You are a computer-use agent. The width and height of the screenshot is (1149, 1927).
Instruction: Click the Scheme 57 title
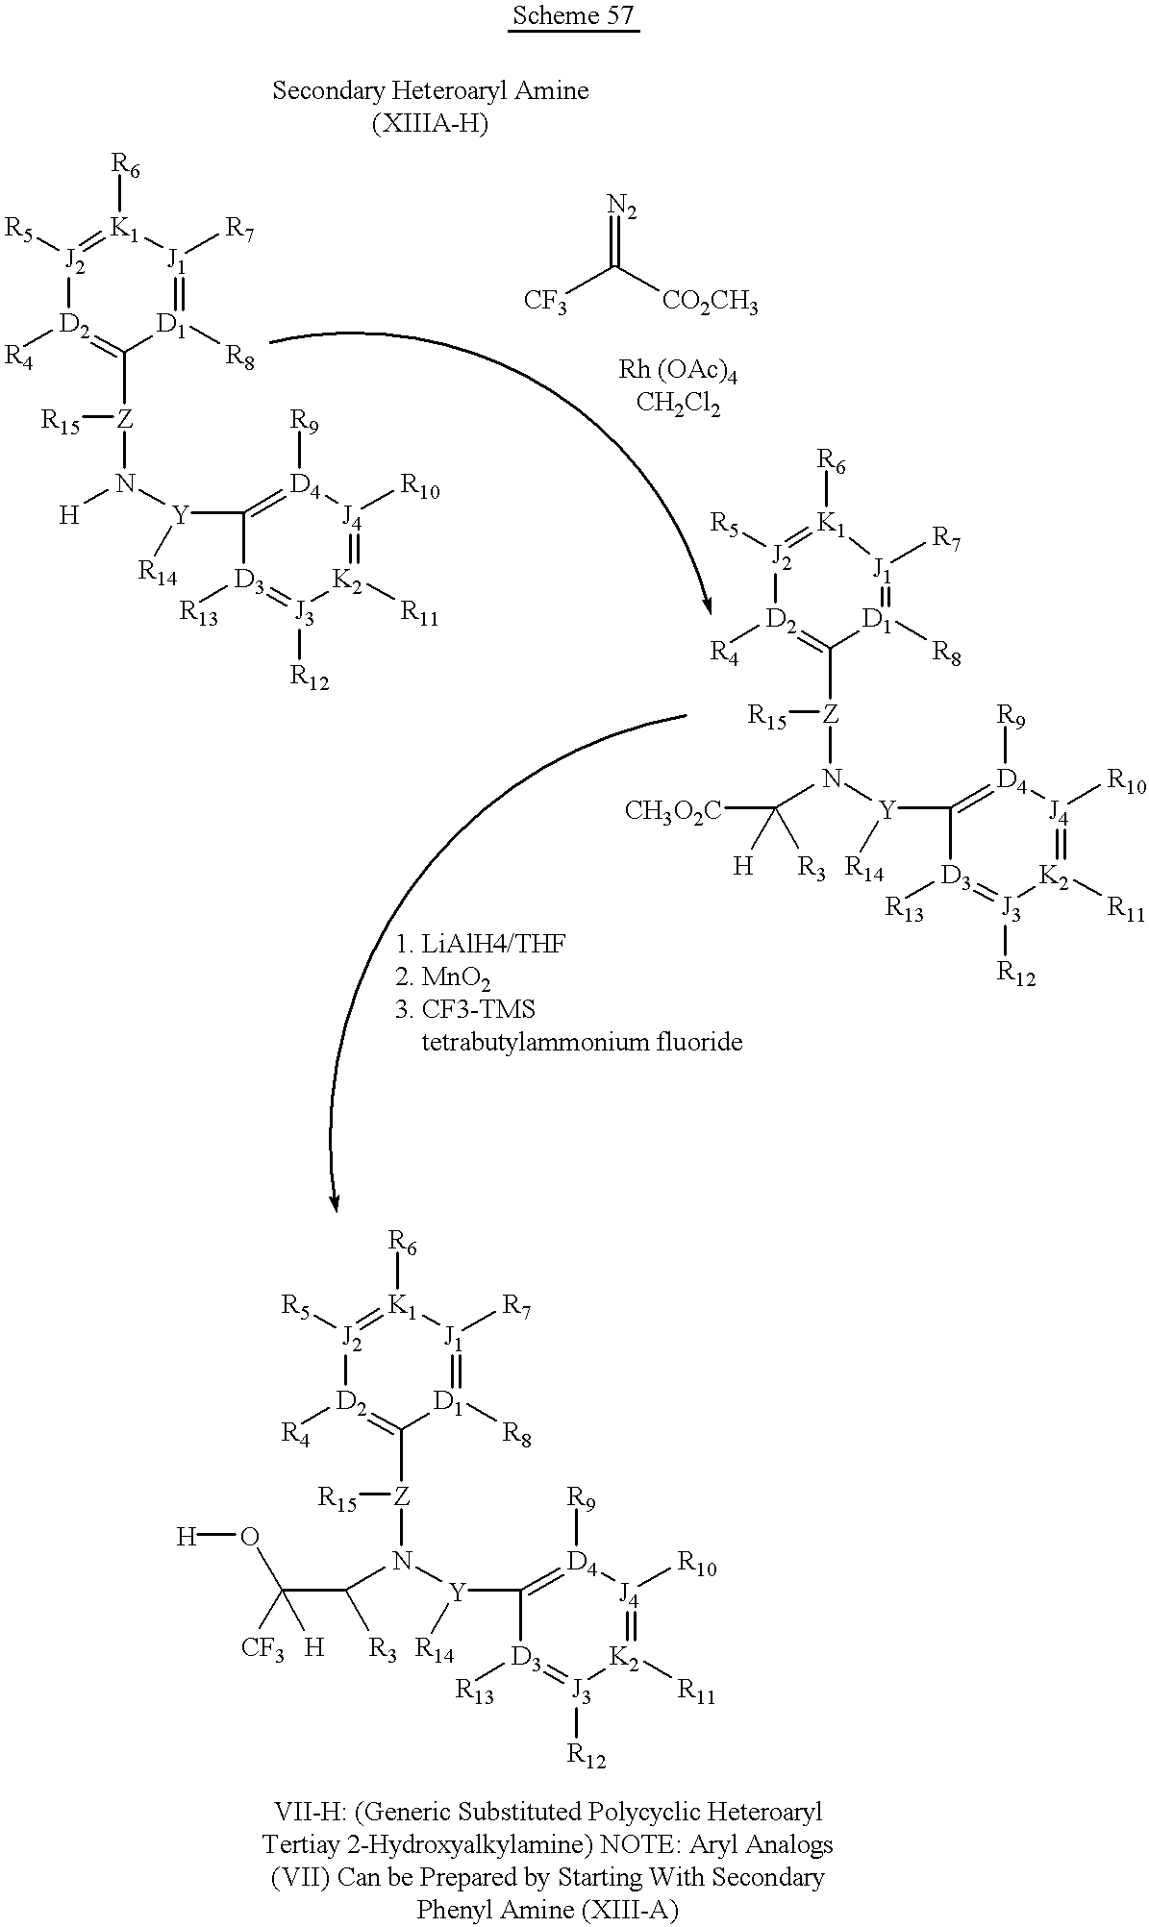tap(573, 16)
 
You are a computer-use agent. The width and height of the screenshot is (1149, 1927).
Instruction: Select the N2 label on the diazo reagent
tap(622, 207)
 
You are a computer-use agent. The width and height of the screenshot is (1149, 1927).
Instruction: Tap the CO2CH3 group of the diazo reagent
tap(710, 303)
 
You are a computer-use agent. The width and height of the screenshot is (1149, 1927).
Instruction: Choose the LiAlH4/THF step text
tap(480, 943)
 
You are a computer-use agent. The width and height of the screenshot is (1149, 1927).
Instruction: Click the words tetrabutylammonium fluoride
tap(582, 1042)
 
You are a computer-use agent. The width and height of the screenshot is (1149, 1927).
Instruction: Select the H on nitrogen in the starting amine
tap(68, 515)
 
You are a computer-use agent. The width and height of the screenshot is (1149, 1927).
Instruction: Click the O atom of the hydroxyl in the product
tap(250, 1538)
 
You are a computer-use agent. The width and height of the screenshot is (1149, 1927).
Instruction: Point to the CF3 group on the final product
tap(262, 1649)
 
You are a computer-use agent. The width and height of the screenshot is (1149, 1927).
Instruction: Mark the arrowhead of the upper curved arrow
tap(707, 605)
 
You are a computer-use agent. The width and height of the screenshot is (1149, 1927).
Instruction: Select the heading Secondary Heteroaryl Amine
tap(431, 91)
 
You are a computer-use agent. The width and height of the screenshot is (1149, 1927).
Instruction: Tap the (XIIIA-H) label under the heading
tap(430, 125)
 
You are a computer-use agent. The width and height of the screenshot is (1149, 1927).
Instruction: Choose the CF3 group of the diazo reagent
tap(545, 303)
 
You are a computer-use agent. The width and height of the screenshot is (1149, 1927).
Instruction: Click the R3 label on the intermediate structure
tap(812, 869)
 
